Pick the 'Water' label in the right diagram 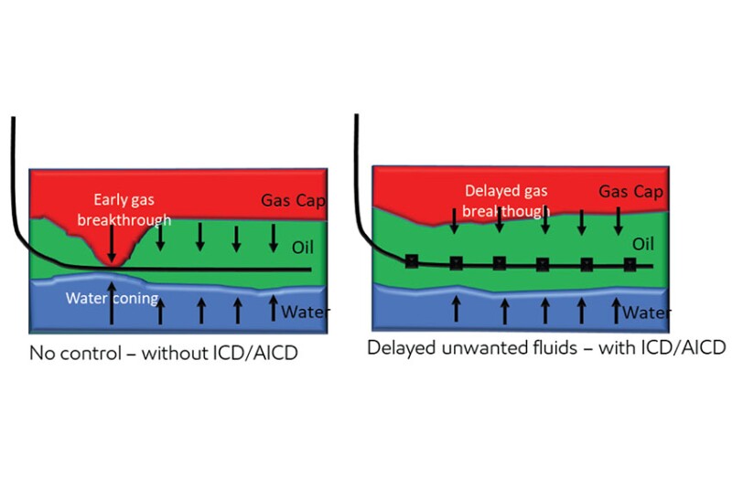647,313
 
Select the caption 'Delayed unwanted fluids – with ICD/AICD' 546,347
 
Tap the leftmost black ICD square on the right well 412,262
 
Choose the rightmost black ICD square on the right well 630,265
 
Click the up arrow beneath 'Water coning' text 112,313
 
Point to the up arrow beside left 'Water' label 273,308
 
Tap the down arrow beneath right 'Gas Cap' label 619,219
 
